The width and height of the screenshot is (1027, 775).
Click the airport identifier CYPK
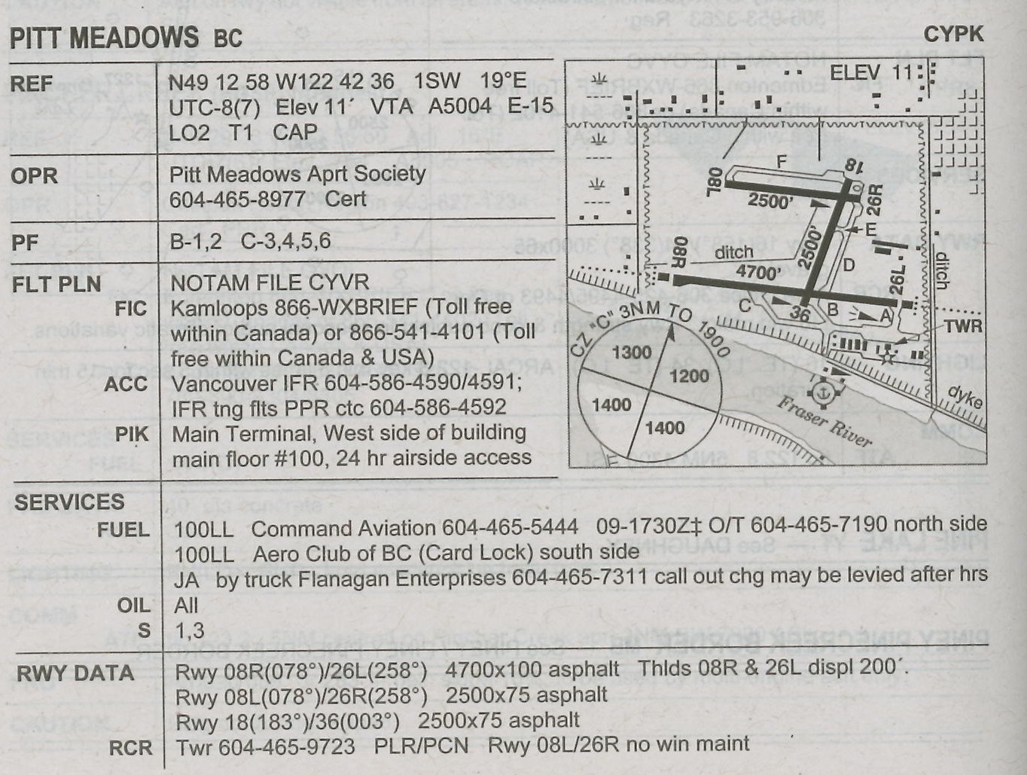point(953,35)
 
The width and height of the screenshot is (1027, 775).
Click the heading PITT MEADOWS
point(104,38)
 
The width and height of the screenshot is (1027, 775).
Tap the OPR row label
point(34,176)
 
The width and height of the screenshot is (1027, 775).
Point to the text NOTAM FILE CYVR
point(270,283)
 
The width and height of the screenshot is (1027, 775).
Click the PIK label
point(132,435)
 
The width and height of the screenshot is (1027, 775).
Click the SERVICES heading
point(69,503)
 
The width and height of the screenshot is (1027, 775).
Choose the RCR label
point(131,748)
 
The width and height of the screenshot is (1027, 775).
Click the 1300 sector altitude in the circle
point(631,352)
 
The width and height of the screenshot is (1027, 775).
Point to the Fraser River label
point(824,422)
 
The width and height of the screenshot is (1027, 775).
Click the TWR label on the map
point(964,326)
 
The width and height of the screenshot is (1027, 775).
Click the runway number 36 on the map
point(800,314)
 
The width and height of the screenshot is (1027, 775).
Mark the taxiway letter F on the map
point(781,162)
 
